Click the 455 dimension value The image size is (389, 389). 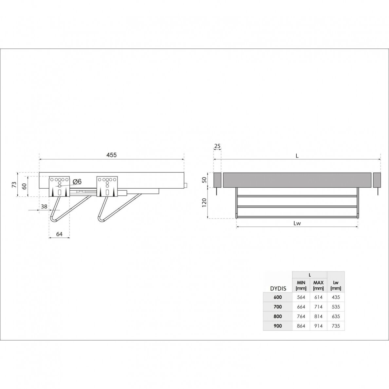click(111, 155)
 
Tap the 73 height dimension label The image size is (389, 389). click(14, 184)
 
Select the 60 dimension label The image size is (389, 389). click(24, 186)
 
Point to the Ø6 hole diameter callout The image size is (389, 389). click(77, 182)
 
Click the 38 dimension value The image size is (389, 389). click(44, 206)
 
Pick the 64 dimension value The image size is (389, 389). click(59, 234)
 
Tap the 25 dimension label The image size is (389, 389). click(217, 146)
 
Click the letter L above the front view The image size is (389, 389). click(297, 156)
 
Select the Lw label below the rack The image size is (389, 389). click(297, 223)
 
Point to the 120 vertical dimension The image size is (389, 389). click(204, 203)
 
